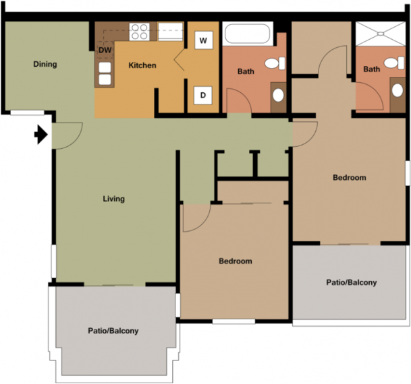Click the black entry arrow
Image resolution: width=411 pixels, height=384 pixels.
41,135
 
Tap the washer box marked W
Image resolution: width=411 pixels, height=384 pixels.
203,40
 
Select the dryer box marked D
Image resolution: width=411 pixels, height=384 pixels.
203,95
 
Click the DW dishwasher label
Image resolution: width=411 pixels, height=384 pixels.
105,50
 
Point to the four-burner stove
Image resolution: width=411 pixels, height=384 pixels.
140,32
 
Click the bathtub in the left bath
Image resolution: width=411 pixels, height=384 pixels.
247,34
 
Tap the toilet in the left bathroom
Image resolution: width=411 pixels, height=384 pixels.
275,63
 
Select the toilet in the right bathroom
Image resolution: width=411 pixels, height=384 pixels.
394,63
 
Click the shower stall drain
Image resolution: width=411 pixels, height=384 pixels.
381,34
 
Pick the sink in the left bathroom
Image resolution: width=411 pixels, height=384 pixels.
278,95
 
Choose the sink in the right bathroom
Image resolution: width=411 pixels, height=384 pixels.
398,90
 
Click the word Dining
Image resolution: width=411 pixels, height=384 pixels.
45,65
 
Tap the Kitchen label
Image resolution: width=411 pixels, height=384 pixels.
142,65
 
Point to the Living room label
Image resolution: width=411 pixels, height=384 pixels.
114,199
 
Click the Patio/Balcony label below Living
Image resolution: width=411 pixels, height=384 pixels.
113,331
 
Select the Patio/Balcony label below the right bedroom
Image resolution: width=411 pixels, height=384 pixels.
352,282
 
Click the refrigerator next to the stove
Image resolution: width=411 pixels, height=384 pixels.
170,32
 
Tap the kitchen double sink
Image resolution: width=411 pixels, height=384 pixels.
105,73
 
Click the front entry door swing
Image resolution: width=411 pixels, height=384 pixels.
67,135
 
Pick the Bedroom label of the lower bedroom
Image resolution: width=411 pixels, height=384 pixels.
236,261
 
